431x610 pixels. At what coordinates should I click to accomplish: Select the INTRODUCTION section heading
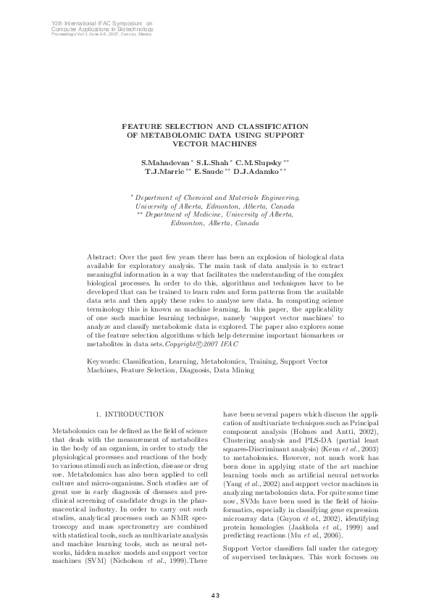(135, 414)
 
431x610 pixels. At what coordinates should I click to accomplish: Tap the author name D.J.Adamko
(261, 172)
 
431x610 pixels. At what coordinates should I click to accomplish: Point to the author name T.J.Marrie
(165, 172)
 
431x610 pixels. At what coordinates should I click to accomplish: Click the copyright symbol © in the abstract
(211, 345)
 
